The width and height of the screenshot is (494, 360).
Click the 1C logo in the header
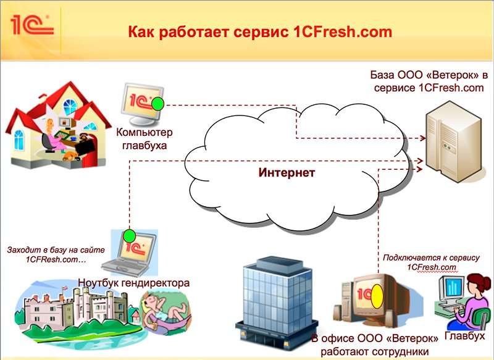[x=32, y=25]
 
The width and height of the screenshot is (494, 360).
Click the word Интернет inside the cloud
[x=287, y=173]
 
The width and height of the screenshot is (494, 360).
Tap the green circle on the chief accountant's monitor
[x=157, y=104]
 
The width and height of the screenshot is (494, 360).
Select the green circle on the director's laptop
[x=129, y=236]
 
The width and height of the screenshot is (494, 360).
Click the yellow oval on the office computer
[x=377, y=296]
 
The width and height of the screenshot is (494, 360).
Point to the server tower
[x=453, y=141]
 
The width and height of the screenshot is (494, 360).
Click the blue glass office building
[x=277, y=303]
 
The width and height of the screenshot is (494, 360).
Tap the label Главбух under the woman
[x=464, y=336]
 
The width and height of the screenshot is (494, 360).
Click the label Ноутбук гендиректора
[x=134, y=283]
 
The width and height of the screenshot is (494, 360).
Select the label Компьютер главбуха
[x=144, y=138]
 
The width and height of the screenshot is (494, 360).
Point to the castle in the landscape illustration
[x=75, y=309]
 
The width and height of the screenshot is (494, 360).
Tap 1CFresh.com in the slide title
[x=343, y=32]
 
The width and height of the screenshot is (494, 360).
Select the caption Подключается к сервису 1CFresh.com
[x=431, y=262]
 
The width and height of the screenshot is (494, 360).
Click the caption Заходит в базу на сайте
[x=56, y=249]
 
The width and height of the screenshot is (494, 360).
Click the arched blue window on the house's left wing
[x=19, y=140]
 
